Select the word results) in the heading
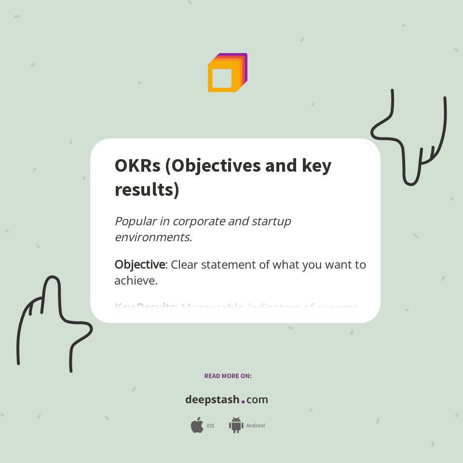click(147, 190)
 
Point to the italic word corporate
click(199, 221)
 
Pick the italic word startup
click(272, 221)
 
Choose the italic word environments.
click(153, 237)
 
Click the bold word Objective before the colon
click(140, 265)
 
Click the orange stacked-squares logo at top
click(227, 73)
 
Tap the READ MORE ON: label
click(228, 376)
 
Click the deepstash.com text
click(227, 400)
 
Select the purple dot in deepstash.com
click(243, 401)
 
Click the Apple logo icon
click(197, 425)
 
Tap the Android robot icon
click(236, 425)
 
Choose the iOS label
click(210, 426)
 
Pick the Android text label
click(256, 426)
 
